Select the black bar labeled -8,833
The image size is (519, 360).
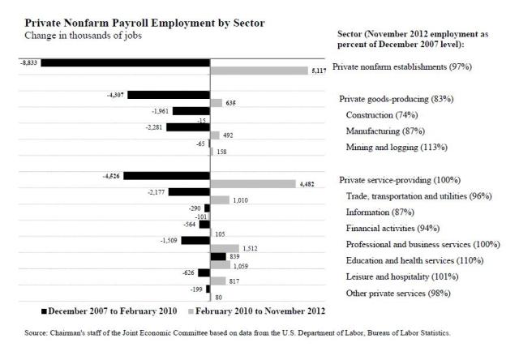coord(125,62)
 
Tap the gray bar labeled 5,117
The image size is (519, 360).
coord(259,71)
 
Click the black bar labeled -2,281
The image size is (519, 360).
coord(188,126)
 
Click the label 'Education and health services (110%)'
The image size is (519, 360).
coord(414,260)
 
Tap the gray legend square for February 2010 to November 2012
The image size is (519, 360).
coord(191,311)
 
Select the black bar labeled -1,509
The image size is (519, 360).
coord(195,240)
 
